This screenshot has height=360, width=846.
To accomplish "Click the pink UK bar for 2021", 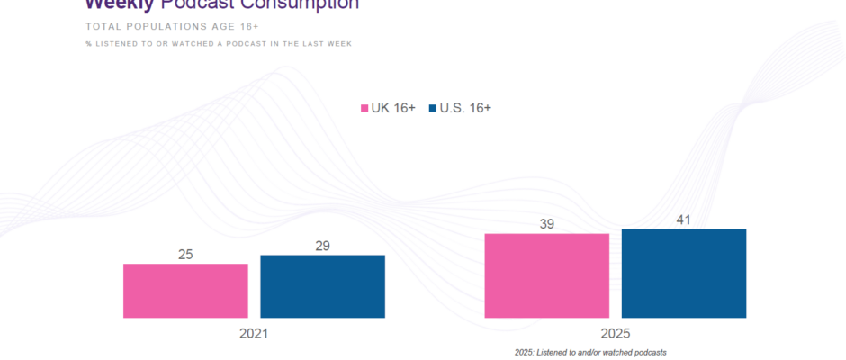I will click(x=185, y=291).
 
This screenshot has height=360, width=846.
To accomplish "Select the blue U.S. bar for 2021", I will click(x=322, y=286).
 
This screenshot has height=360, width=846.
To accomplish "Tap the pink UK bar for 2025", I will click(x=546, y=275).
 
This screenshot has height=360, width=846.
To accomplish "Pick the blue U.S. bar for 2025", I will click(x=683, y=274).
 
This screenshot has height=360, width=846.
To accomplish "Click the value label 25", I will click(x=185, y=255).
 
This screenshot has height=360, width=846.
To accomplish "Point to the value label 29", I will click(x=322, y=246).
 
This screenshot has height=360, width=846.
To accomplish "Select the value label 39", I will click(x=546, y=224).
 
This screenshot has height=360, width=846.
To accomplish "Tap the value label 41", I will click(x=683, y=220).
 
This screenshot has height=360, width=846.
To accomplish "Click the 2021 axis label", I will click(x=254, y=333).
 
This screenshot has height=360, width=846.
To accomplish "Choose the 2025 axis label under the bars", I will click(x=616, y=333).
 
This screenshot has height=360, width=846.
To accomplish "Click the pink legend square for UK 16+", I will click(x=364, y=109).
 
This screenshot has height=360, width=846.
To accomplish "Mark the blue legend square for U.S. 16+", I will click(x=433, y=109).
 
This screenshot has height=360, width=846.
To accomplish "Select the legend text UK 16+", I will click(x=393, y=108).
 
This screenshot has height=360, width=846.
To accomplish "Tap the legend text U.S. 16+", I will click(x=465, y=108).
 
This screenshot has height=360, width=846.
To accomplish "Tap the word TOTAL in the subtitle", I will click(x=104, y=26).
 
